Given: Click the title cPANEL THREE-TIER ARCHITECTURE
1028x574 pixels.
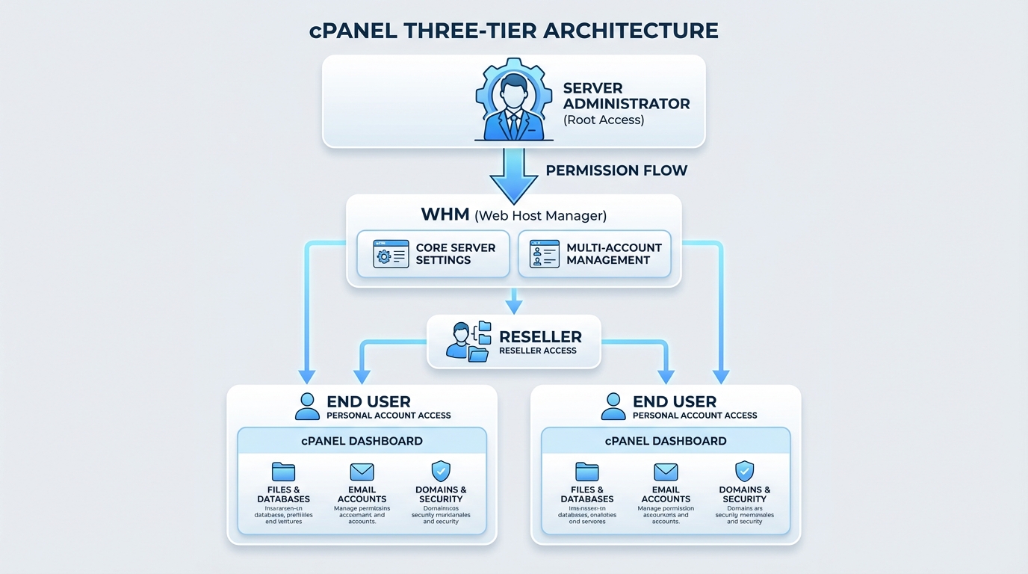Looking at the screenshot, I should click(x=514, y=31).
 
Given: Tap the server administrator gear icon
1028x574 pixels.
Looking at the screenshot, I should click(x=513, y=99).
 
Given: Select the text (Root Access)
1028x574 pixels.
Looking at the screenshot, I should click(x=604, y=120).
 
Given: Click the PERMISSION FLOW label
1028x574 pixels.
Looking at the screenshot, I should click(x=616, y=170).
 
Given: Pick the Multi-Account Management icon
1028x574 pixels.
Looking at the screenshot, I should click(x=544, y=254).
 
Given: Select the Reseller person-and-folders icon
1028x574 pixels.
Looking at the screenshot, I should click(x=468, y=342).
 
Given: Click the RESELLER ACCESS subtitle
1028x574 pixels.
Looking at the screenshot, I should click(x=538, y=351).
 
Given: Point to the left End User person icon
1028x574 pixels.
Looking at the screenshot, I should click(x=307, y=406).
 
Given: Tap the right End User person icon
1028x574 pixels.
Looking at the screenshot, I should click(x=613, y=406).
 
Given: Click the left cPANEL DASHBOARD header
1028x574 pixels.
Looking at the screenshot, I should click(x=362, y=441).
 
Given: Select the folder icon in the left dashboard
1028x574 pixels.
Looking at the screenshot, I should click(x=283, y=472).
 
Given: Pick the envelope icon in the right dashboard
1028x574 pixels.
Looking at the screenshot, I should click(x=666, y=472).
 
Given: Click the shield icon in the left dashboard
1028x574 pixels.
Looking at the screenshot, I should click(x=441, y=472).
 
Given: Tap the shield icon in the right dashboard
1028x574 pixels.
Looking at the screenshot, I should click(x=744, y=472).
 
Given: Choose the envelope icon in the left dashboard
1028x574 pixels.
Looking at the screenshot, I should click(x=362, y=472).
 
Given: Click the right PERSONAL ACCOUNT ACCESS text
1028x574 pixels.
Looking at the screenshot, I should click(x=695, y=416).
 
